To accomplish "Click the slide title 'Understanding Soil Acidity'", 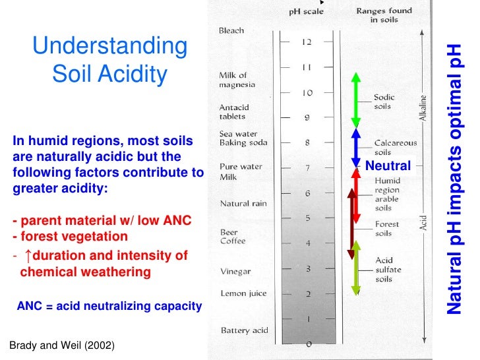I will (109, 60).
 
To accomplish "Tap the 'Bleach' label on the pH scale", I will (231, 30).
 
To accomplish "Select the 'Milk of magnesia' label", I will (233, 80).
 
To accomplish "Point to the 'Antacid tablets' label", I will (232, 111).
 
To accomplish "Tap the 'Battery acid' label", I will (243, 330).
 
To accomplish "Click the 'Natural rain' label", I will (243, 203).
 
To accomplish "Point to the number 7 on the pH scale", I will (307, 167).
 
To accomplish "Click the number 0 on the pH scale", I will (309, 344).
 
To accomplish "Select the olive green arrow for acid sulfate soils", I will (357, 267).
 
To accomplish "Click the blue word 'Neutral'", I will (388, 165).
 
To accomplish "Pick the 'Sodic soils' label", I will (383, 102).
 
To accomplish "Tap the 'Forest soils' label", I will (387, 228).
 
